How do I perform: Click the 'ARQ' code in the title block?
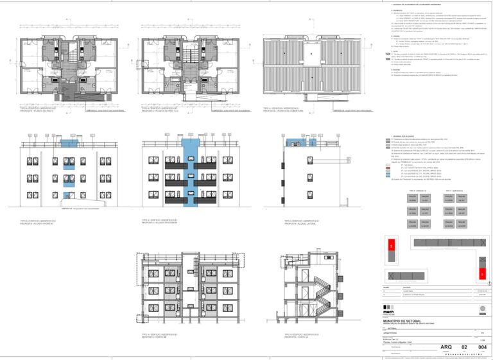pos(446,347)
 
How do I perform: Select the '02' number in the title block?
pos(465,347)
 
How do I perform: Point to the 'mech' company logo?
pos(389,312)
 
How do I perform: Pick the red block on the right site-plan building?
pos(481,274)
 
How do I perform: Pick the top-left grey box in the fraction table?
pos(413,198)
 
